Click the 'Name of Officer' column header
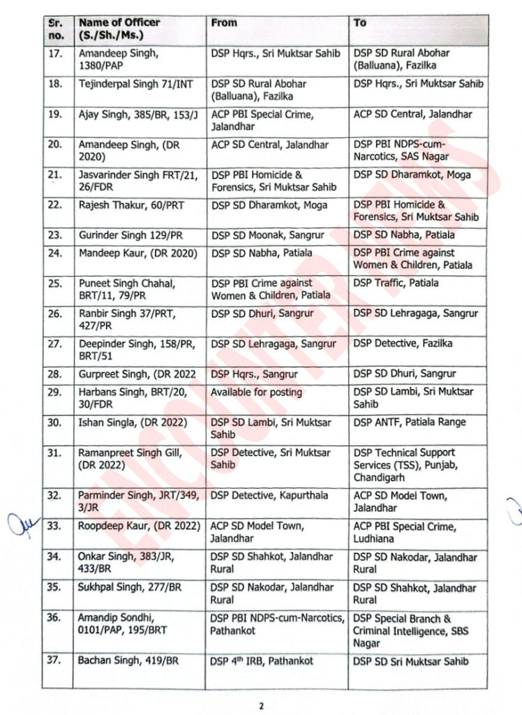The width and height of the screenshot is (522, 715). [119, 28]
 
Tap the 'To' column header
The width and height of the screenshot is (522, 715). [360, 22]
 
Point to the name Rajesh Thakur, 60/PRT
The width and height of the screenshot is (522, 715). [128, 205]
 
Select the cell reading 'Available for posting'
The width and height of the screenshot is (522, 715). [256, 392]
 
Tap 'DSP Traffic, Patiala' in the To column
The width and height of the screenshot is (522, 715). [396, 283]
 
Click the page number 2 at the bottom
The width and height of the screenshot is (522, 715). [261, 705]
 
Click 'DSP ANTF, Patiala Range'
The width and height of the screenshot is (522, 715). [409, 422]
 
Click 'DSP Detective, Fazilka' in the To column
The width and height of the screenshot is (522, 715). [403, 344]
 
